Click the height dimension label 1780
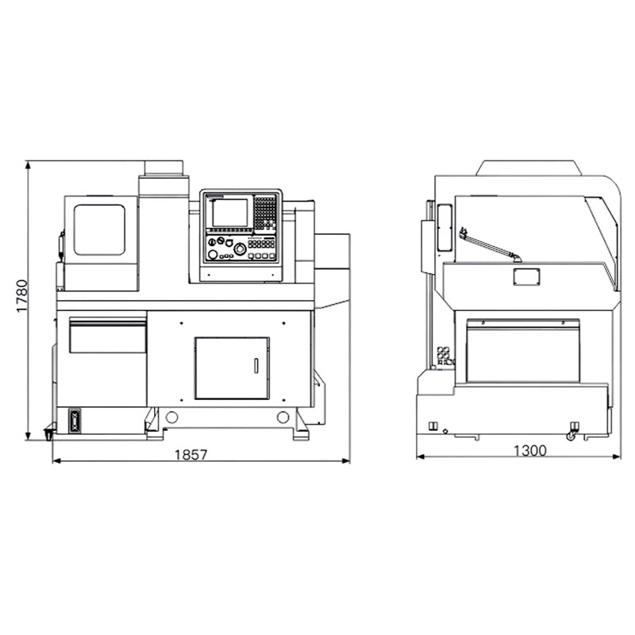(22, 296)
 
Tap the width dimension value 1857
(191, 455)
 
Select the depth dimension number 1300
(530, 450)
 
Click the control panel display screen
(229, 213)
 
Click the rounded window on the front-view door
(99, 229)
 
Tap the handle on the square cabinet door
(256, 366)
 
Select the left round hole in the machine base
(171, 418)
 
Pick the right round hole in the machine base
(283, 418)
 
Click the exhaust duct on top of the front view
(164, 168)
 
